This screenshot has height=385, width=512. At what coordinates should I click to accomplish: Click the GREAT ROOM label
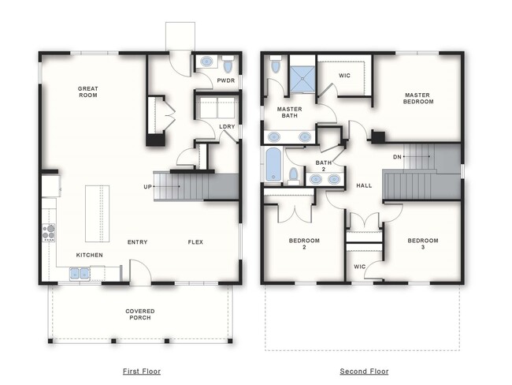point(88,92)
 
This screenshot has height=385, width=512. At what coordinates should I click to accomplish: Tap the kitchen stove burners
point(49,233)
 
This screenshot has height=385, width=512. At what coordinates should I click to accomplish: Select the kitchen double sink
point(80,274)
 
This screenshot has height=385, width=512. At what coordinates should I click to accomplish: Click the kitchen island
point(98,214)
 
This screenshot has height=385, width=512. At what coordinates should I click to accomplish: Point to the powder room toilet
point(228,65)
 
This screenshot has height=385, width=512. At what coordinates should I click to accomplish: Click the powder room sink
point(206,62)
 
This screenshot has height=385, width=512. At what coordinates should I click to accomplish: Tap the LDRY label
point(227,126)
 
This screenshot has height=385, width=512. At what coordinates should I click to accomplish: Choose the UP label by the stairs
point(147,187)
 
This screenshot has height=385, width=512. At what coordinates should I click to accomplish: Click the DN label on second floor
point(397,157)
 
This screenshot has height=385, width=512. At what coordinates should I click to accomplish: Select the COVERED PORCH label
point(140,314)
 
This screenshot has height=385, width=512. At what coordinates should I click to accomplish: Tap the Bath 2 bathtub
point(273,164)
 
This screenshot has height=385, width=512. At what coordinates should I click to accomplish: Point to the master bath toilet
point(276,65)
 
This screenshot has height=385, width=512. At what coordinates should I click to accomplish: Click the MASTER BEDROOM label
point(418,99)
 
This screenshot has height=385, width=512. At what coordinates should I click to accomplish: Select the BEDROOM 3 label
point(423,244)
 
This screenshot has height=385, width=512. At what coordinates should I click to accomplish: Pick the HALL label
point(364,186)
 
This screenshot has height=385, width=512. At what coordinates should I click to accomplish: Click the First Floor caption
point(142,372)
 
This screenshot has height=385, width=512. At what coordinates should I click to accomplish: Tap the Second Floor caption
point(364,372)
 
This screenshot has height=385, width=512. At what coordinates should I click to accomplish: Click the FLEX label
point(195,242)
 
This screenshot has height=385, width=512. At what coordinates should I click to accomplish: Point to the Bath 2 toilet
point(294,176)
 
